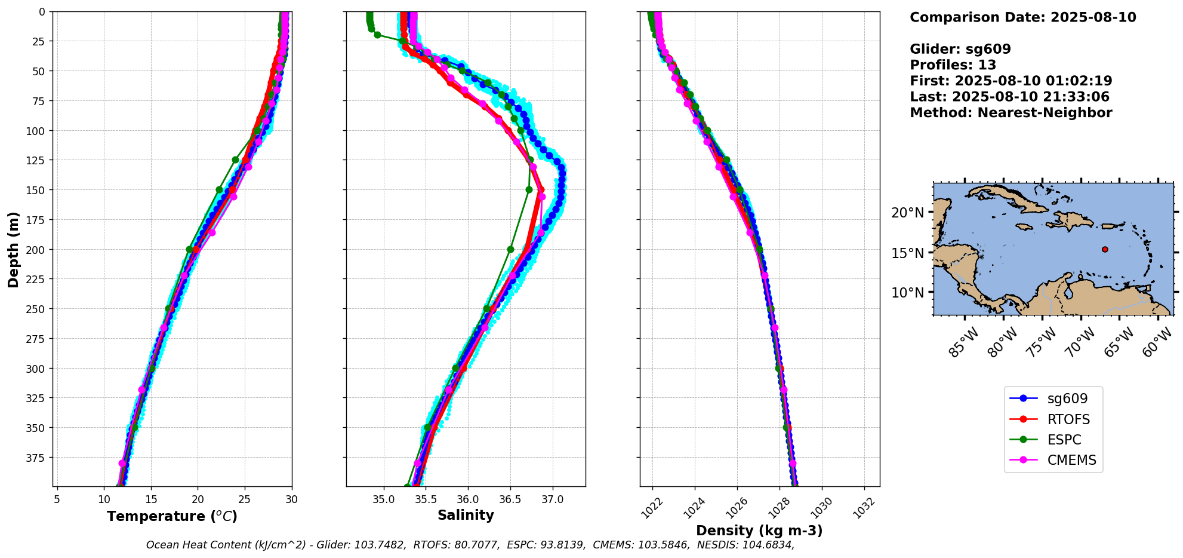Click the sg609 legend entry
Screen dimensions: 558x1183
pos(1067,398)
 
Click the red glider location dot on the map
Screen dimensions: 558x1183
pos(1105,249)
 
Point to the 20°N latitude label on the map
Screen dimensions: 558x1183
pos(907,213)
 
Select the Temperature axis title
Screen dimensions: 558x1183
pos(172,516)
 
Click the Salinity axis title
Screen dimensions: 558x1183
pos(466,515)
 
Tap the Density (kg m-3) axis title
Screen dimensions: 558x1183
pos(759,531)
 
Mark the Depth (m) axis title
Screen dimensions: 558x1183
pos(13,249)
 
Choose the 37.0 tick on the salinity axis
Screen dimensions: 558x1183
pos(552,499)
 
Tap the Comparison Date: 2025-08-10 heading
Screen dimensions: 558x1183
pos(1022,17)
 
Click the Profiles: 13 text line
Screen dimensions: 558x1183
pos(953,65)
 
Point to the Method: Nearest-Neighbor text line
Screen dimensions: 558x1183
pos(1011,113)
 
